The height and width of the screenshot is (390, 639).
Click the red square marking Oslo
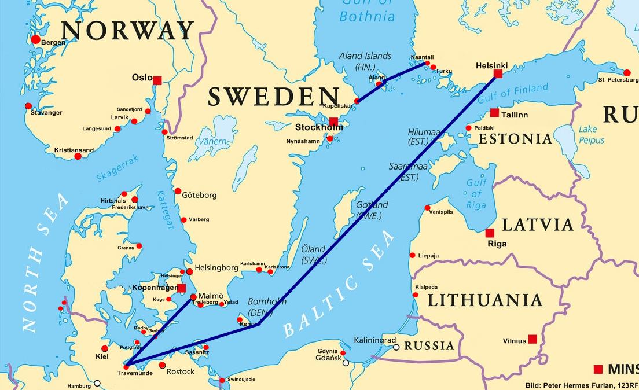[157, 80]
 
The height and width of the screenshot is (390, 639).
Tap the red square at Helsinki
[498, 73]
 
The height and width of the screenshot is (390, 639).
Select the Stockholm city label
[318, 127]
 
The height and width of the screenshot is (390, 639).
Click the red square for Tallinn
[494, 113]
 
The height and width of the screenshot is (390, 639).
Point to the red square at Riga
[490, 233]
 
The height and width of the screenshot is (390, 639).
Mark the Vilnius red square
[532, 339]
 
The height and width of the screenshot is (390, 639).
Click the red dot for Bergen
[35, 39]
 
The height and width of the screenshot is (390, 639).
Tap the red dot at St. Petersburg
[627, 72]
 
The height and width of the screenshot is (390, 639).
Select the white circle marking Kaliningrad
[396, 348]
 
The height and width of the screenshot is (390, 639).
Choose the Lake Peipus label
[591, 134]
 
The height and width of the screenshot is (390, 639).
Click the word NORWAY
[127, 30]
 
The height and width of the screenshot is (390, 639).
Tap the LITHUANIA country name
[484, 300]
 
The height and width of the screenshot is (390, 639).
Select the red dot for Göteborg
[178, 191]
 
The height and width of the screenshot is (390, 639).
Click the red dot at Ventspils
[427, 208]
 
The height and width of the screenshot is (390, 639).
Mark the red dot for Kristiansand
[78, 156]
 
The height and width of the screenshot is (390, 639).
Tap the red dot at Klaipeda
[415, 295]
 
